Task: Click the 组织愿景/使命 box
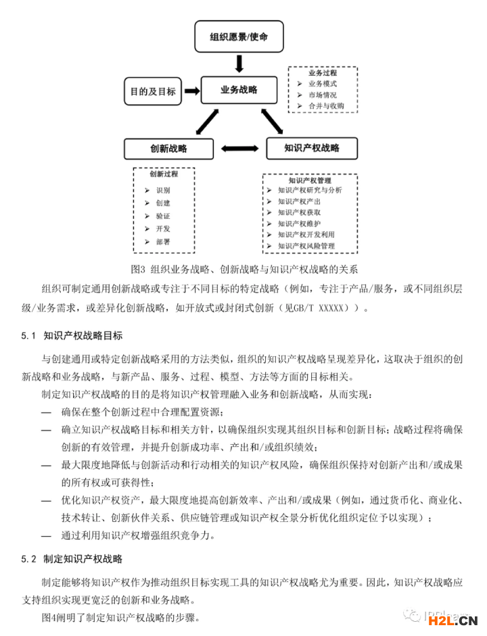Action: pyautogui.click(x=238, y=36)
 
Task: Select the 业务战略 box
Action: pyautogui.click(x=238, y=90)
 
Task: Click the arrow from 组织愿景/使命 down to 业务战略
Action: pyautogui.click(x=238, y=63)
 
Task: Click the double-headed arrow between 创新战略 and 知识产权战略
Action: pyautogui.click(x=240, y=149)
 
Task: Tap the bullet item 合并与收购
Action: pyautogui.click(x=326, y=106)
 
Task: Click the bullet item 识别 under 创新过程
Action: pyautogui.click(x=163, y=191)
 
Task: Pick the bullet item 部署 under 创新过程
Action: pyautogui.click(x=163, y=241)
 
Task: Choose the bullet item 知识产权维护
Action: pyautogui.click(x=299, y=223)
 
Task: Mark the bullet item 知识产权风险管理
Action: pyautogui.click(x=306, y=246)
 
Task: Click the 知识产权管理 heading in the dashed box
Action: pyautogui.click(x=310, y=180)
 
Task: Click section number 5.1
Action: pyautogui.click(x=28, y=335)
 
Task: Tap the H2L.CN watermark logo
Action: pyautogui.click(x=462, y=620)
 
